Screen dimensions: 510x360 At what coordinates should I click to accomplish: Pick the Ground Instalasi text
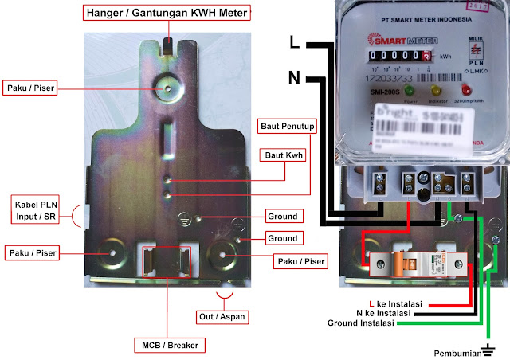pos(362,324)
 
